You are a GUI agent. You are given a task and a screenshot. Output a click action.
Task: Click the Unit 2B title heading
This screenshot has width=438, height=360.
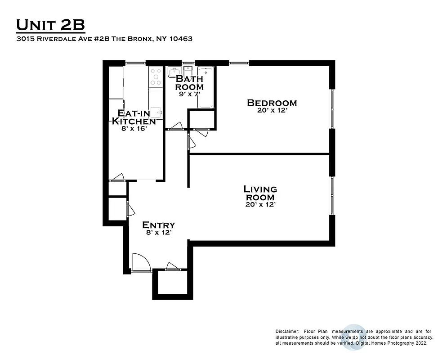coord(50,25)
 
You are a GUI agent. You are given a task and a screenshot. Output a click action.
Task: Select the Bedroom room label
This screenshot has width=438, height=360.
coord(272,103)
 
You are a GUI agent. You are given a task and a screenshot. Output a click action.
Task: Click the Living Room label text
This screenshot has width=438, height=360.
coord(260,193)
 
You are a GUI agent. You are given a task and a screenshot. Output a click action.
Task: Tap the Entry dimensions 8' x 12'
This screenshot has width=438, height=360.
coord(158,233)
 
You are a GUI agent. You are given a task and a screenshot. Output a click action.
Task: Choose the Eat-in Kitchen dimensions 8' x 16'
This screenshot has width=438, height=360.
coord(134,128)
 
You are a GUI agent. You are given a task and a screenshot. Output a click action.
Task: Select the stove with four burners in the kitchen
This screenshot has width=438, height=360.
coord(156,76)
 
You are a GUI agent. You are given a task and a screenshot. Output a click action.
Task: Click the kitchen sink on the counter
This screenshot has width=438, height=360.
coord(156,112)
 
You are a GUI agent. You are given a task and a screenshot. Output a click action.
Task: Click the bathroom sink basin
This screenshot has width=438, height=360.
coord(174,72)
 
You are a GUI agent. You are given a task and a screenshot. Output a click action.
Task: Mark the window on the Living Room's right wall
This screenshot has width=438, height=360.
coord(332,196)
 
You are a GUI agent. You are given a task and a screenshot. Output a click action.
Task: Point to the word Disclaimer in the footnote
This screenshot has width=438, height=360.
coord(287,331)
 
